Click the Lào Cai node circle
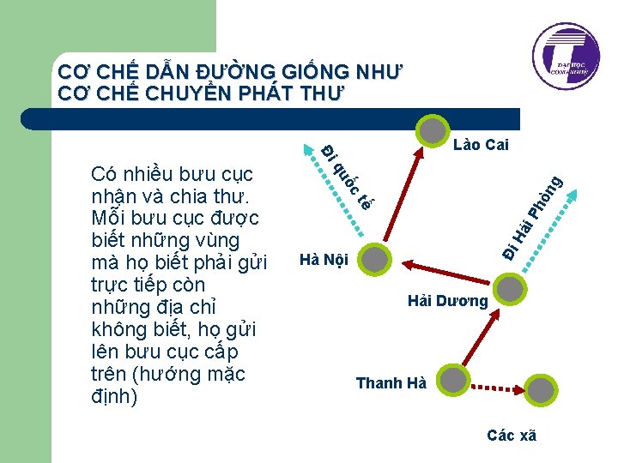click(433, 129)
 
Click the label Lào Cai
click(482, 145)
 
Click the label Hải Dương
click(447, 301)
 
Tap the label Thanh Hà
click(391, 382)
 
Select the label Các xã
click(511, 436)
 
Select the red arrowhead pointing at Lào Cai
click(421, 155)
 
